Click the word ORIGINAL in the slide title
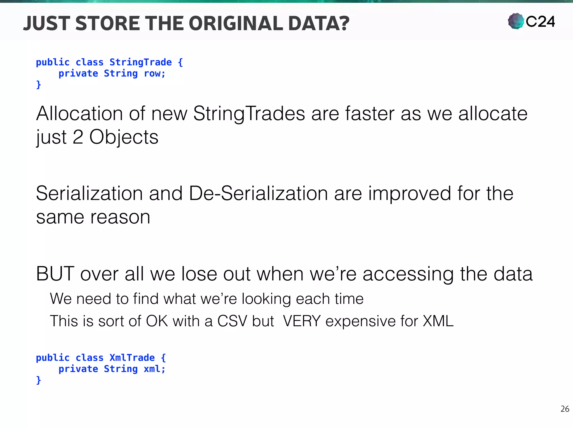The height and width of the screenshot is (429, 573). tap(237, 23)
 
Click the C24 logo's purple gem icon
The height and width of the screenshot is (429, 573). tap(516, 21)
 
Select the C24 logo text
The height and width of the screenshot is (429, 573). tap(540, 22)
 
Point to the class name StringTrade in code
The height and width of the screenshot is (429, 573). tap(140, 62)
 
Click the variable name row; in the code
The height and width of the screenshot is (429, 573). tap(154, 73)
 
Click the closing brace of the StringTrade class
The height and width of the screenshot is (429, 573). tap(39, 84)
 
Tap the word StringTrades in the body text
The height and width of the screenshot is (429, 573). tap(249, 114)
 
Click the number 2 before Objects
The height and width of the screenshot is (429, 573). tap(78, 137)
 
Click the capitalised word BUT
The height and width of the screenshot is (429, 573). tap(55, 274)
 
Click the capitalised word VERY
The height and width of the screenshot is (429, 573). tap(302, 321)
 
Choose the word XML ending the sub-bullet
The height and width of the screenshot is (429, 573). tap(438, 321)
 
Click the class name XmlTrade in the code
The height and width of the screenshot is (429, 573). tap(132, 357)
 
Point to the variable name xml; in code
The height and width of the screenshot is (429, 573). tap(154, 369)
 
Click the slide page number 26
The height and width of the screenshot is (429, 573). tap(565, 409)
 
